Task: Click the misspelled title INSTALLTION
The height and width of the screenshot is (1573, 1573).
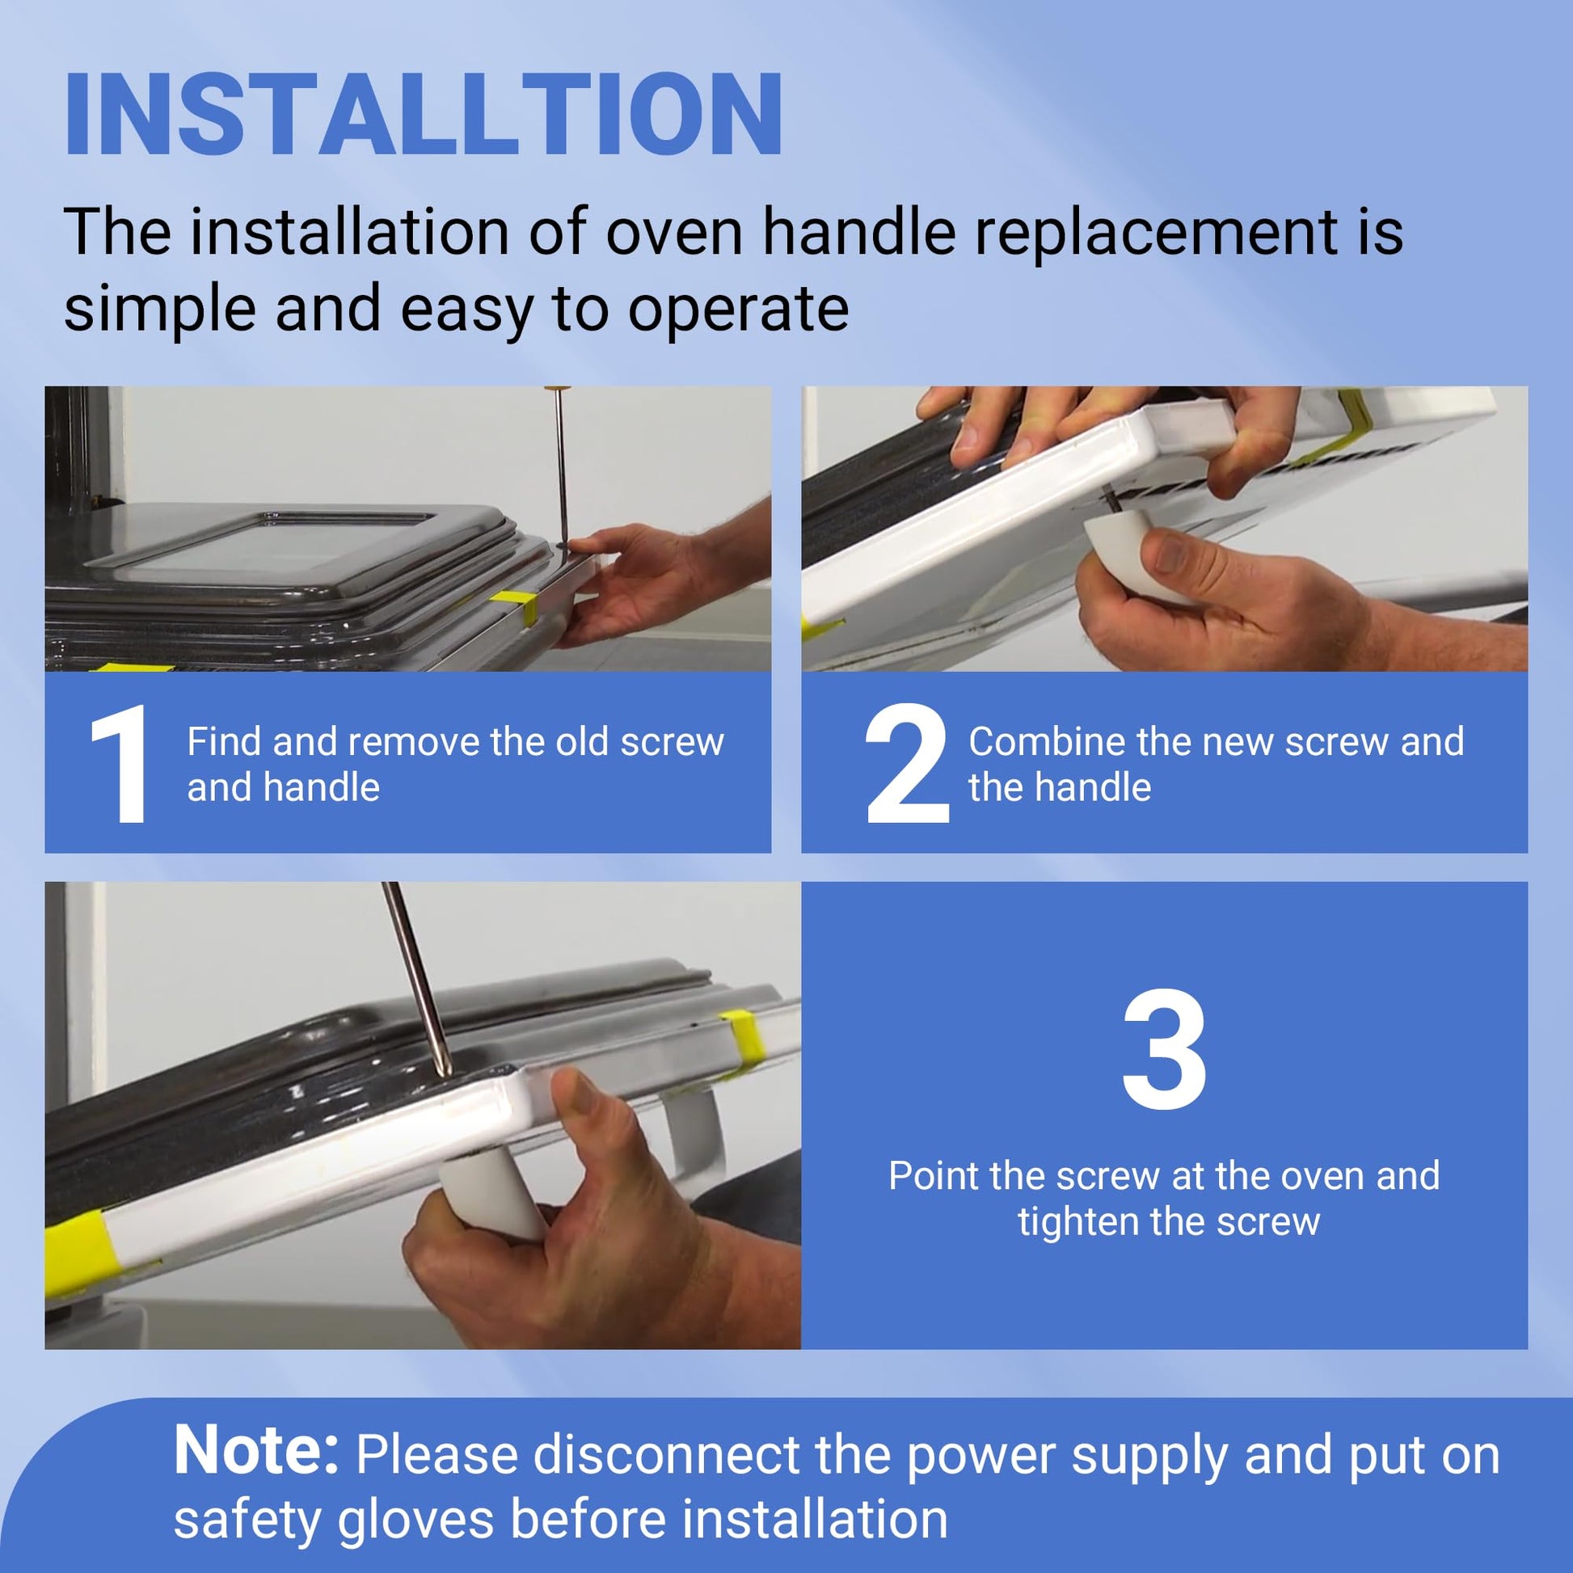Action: coord(424,114)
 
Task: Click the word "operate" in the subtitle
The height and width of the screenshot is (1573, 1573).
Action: coord(739,310)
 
